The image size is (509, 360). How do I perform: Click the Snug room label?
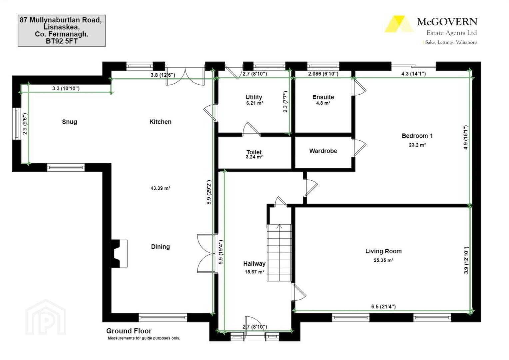70,122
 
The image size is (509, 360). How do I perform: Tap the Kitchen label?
161,122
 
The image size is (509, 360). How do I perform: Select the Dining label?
161,247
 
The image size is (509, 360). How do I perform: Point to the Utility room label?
254,97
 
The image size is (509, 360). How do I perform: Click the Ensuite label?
323,97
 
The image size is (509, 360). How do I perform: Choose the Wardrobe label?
323,151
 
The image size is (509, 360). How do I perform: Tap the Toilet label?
254,152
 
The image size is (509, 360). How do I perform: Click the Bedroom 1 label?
417,136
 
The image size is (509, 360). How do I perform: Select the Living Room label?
383,251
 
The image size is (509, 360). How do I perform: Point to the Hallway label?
254,264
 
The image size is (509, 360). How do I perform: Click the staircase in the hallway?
279,253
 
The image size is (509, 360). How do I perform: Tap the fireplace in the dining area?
119,253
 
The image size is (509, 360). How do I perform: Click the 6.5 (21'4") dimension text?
383,307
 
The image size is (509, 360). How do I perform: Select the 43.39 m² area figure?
161,188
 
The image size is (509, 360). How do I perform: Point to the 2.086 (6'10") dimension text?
323,74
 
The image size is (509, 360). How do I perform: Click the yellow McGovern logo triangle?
399,24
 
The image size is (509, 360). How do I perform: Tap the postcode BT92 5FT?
62,41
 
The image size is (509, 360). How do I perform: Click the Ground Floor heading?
129,331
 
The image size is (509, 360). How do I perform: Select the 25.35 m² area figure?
383,260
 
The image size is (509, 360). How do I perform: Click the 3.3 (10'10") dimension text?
66,88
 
